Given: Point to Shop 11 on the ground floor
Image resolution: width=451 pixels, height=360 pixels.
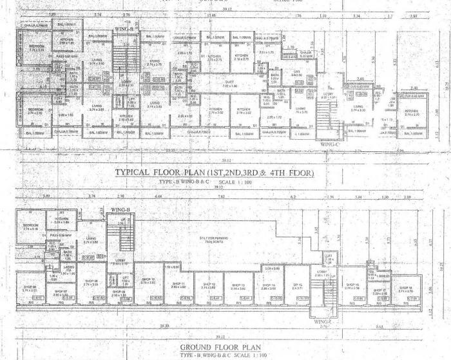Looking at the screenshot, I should pyautogui.click(x=178, y=284).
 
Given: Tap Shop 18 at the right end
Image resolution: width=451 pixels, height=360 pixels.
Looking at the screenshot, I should pyautogui.click(x=405, y=289).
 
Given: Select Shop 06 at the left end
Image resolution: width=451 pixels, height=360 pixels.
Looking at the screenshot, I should pyautogui.click(x=30, y=289).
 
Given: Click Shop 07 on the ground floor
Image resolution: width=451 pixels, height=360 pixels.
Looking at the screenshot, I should pyautogui.click(x=61, y=293).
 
